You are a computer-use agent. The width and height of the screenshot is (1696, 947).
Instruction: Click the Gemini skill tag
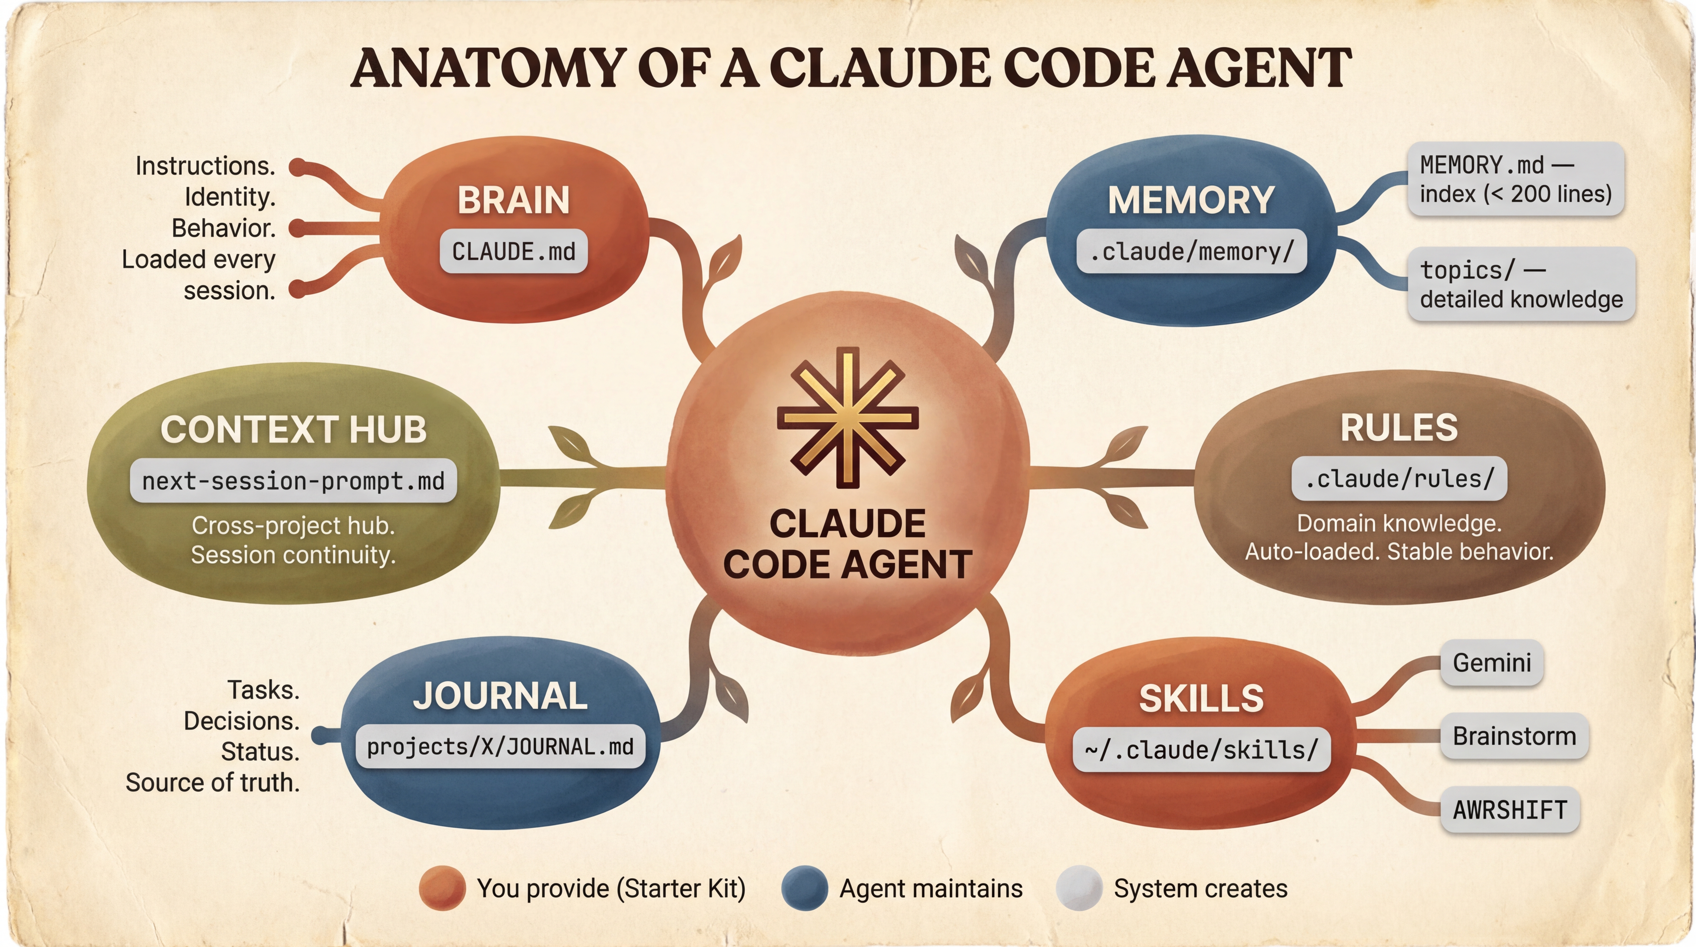click(1491, 662)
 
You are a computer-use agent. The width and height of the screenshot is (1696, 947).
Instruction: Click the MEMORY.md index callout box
click(1516, 179)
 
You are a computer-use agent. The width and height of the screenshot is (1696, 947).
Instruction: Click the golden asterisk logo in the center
click(847, 417)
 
